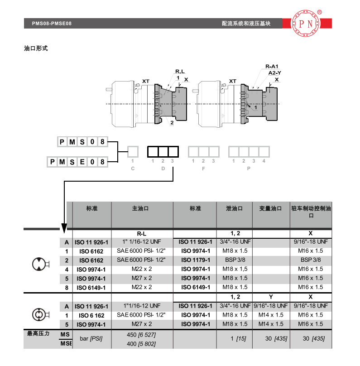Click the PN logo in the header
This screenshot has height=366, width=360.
click(x=306, y=24)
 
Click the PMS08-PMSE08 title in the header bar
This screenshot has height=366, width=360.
click(x=52, y=24)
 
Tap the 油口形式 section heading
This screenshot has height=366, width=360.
click(x=36, y=48)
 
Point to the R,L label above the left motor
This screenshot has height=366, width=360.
click(x=180, y=72)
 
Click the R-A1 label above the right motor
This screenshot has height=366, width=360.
click(x=272, y=66)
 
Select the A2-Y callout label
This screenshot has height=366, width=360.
click(x=274, y=73)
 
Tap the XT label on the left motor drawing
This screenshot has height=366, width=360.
click(x=146, y=81)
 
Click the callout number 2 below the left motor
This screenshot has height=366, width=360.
click(x=172, y=123)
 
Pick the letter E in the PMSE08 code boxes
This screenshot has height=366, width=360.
click(x=82, y=162)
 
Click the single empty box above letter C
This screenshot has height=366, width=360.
click(x=133, y=152)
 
